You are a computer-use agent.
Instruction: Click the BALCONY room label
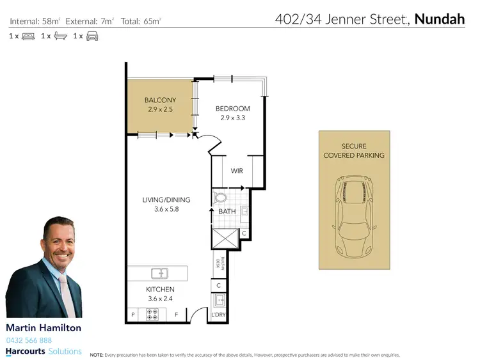pyautogui.click(x=160, y=100)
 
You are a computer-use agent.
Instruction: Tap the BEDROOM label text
pyautogui.click(x=232, y=109)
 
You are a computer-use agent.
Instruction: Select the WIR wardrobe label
pyautogui.click(x=236, y=171)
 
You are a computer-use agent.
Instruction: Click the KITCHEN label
pyautogui.click(x=160, y=290)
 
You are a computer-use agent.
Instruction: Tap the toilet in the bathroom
pyautogui.click(x=221, y=198)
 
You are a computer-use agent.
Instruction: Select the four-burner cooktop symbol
pyautogui.click(x=153, y=315)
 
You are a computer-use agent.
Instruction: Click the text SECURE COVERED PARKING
pyautogui.click(x=354, y=151)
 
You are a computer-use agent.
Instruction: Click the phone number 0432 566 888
pyautogui.click(x=29, y=340)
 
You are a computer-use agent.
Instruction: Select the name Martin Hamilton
pyautogui.click(x=44, y=327)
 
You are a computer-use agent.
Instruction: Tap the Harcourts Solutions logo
pyautogui.click(x=44, y=352)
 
